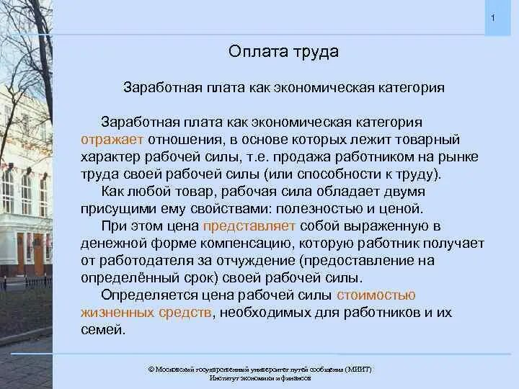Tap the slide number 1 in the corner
point(492,17)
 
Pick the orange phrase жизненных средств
point(146,313)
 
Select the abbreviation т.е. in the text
point(248,156)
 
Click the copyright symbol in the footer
point(151,369)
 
